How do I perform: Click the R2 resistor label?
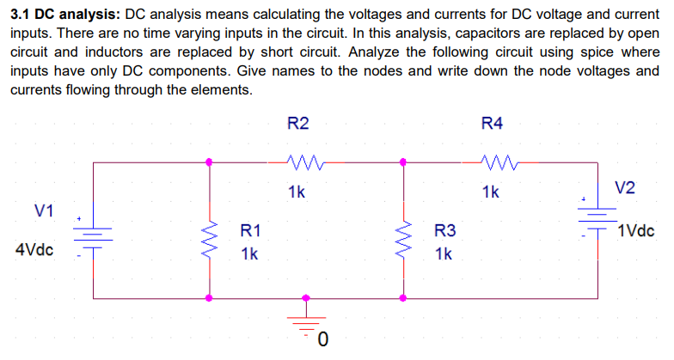(x=297, y=125)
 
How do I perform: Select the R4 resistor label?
(x=492, y=125)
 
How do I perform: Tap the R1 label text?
(x=251, y=230)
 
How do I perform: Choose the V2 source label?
(x=627, y=189)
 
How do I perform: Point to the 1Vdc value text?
(x=637, y=231)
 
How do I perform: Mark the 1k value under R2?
(x=297, y=192)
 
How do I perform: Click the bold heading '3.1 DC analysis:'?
(x=65, y=15)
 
